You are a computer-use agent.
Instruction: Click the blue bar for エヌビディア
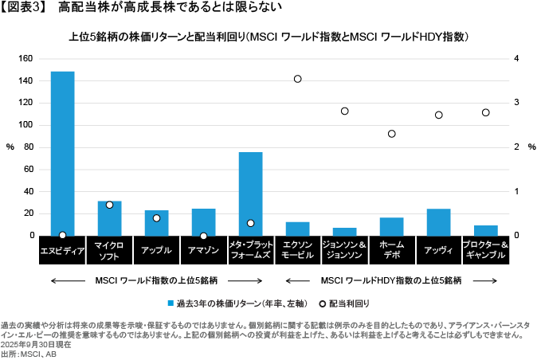(62, 153)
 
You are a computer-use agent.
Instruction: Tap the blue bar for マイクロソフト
(109, 218)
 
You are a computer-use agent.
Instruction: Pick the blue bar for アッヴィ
(438, 222)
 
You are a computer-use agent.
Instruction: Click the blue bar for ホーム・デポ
(391, 226)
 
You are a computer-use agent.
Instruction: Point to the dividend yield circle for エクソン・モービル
(297, 79)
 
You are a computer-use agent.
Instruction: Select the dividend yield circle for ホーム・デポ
(391, 134)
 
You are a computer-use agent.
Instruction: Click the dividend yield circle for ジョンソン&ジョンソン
(344, 112)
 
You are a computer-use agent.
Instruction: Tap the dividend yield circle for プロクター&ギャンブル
(485, 112)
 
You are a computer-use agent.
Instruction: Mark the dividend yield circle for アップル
(156, 218)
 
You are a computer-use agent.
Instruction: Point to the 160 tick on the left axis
(25, 59)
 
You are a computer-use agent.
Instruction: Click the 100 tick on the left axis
(25, 125)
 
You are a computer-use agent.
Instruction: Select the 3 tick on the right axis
(517, 103)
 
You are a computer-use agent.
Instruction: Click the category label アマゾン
(203, 250)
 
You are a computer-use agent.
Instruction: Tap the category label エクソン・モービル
(297, 250)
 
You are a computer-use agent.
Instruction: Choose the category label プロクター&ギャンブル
(485, 250)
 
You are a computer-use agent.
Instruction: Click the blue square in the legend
(171, 303)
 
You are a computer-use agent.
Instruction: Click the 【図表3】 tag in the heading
(25, 7)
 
